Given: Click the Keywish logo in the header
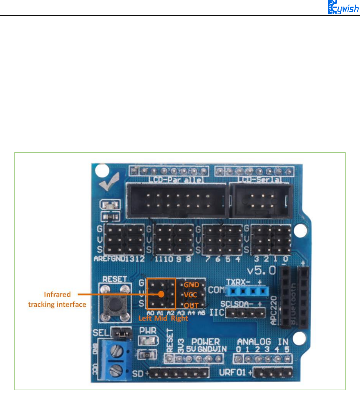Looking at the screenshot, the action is click(343, 8).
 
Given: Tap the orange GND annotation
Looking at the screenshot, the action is click(191, 285).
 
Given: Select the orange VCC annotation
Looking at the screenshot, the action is click(190, 295).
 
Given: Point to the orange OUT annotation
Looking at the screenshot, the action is click(191, 305).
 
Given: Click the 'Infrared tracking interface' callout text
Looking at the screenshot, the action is click(57, 299).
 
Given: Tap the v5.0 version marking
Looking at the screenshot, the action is click(262, 270).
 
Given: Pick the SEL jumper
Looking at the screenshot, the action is click(122, 331).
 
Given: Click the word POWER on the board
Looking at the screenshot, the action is click(205, 342).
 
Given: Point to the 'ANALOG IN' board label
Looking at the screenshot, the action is click(263, 342).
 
